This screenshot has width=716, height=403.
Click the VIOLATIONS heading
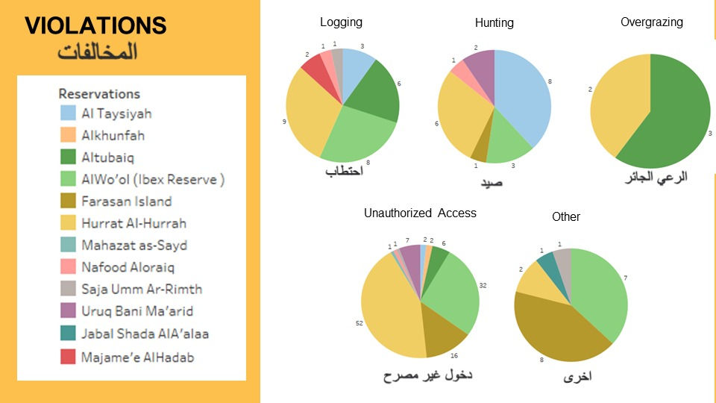click(95, 25)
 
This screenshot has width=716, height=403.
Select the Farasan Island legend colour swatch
click(68, 201)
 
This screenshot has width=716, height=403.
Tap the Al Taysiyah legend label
click(116, 113)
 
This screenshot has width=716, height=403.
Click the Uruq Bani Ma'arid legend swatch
click(68, 310)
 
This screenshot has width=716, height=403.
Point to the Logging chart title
click(341, 22)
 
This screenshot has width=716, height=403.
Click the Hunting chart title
click(494, 23)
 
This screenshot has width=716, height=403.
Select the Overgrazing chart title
click(652, 22)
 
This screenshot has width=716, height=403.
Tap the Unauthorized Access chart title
click(420, 213)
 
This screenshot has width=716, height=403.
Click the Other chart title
click(566, 216)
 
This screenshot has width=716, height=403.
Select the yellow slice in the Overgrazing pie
click(617, 105)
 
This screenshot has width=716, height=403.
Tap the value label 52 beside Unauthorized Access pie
click(359, 323)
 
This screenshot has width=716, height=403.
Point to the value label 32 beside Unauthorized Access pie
click(483, 285)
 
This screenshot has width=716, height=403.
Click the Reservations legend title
click(99, 94)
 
